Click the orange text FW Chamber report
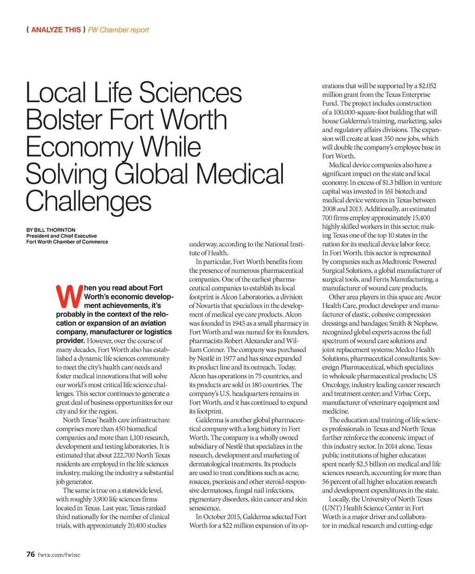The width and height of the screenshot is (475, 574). [118, 30]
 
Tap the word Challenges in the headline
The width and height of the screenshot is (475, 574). [88, 202]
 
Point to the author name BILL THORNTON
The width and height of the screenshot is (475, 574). [54, 230]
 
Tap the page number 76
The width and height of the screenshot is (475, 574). [31, 555]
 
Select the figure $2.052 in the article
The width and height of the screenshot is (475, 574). [427, 86]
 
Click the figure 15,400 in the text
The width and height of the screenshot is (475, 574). [420, 218]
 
